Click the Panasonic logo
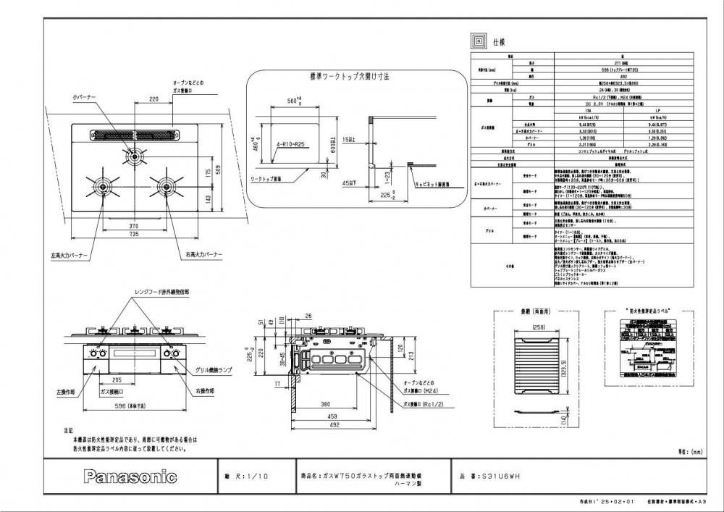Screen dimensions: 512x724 coord(131,477)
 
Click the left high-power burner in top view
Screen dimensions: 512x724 coord(100,185)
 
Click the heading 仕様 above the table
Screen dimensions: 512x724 coord(501,43)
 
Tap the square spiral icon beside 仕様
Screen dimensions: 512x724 coord(479,40)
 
